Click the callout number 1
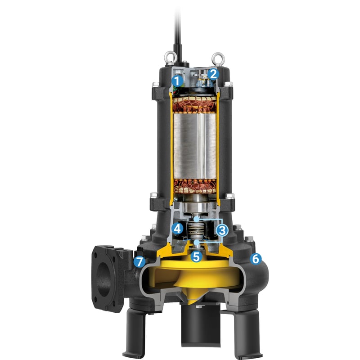(x=177, y=81)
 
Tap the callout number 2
(x=213, y=74)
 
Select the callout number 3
(x=222, y=230)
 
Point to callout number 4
(x=177, y=229)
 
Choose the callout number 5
(x=196, y=256)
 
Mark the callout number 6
(x=256, y=259)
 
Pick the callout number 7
(x=139, y=262)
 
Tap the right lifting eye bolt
(x=218, y=59)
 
